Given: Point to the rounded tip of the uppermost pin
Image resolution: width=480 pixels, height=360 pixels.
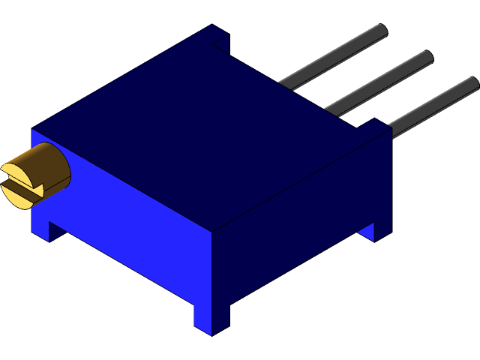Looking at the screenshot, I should [x=381, y=31].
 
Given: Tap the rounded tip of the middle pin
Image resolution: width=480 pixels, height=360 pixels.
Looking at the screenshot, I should [x=427, y=57].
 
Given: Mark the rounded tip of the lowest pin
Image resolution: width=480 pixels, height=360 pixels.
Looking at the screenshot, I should [x=472, y=82].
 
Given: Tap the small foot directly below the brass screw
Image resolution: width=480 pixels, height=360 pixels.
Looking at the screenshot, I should [x=40, y=229].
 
